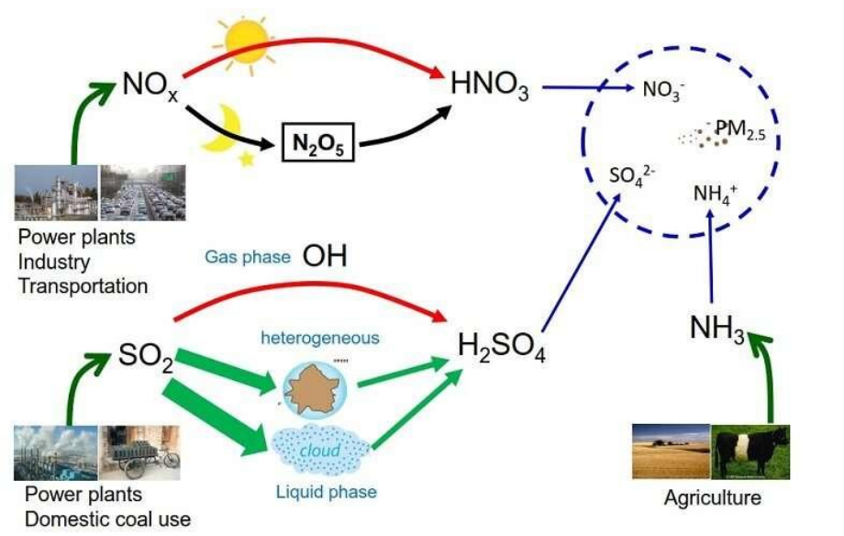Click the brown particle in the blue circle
click(313, 387)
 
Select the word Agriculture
click(713, 498)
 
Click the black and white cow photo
click(754, 451)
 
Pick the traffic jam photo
click(142, 192)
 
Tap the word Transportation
click(83, 285)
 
